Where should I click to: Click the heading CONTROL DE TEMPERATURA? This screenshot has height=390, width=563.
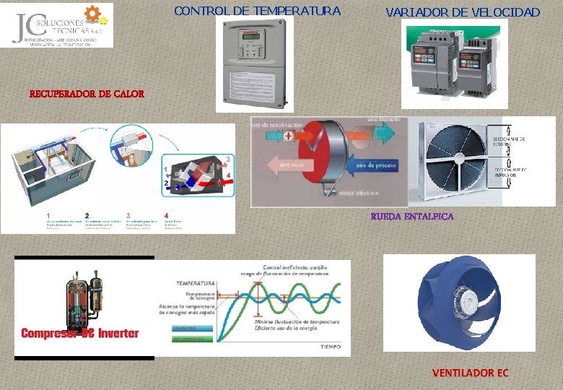point(258,11)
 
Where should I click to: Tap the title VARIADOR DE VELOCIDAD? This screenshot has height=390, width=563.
point(463,12)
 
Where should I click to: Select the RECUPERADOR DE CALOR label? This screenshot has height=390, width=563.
point(87,94)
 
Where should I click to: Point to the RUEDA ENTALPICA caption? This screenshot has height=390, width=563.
point(412,217)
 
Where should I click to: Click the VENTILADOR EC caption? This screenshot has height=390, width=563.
point(470,373)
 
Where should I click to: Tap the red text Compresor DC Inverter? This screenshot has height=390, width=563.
point(80,333)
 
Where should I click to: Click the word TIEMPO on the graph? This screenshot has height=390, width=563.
point(330,347)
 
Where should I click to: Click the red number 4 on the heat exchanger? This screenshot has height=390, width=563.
point(228,175)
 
